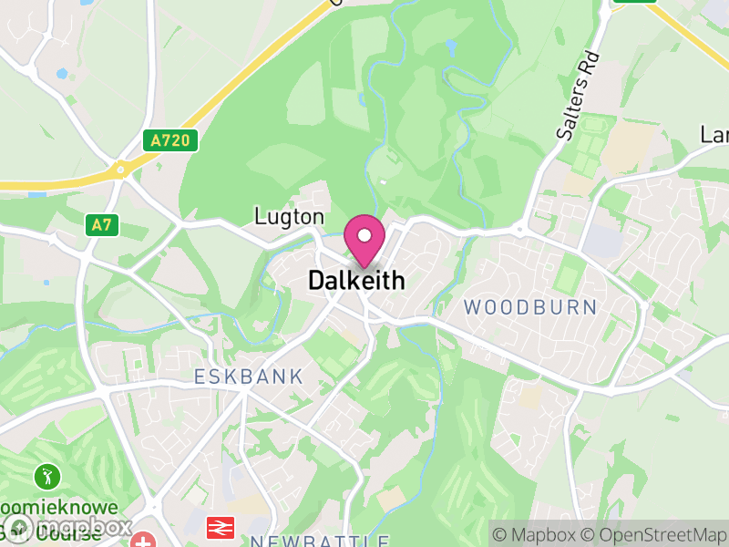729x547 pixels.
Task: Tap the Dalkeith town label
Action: tap(356, 280)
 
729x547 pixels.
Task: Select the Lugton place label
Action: tap(289, 217)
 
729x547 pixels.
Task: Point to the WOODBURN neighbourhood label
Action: tap(530, 307)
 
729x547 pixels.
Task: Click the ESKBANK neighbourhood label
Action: tap(248, 377)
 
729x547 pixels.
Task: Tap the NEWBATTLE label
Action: tap(320, 541)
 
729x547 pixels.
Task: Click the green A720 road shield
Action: tap(170, 140)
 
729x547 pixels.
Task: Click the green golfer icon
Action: tap(46, 475)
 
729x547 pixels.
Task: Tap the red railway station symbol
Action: tap(219, 526)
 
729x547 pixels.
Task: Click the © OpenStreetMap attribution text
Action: tap(659, 534)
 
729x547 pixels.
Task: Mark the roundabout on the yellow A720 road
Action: tap(118, 169)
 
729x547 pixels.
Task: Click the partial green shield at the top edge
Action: tap(634, 2)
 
